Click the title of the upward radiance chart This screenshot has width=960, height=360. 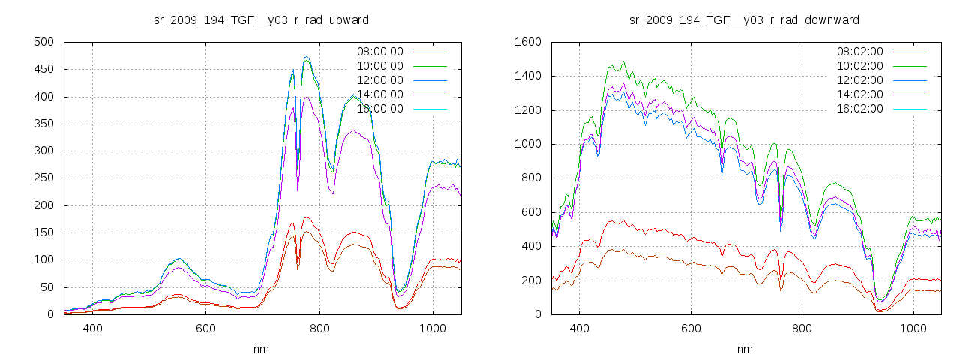[261, 19]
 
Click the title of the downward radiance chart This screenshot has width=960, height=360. [744, 19]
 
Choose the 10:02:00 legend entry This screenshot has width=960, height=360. [859, 66]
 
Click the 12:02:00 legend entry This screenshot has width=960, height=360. [859, 80]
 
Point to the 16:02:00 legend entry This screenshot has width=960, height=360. [859, 109]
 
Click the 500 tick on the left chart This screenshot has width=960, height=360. [42, 42]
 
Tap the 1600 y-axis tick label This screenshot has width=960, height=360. [527, 42]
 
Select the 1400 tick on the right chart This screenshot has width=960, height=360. [527, 76]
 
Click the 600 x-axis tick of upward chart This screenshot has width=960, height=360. [205, 328]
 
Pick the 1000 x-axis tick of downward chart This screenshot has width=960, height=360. [913, 328]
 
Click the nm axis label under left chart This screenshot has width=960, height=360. [261, 349]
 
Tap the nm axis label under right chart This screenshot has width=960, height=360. [744, 349]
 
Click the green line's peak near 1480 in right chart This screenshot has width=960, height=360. [622, 61]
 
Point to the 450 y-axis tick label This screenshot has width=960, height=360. [42, 69]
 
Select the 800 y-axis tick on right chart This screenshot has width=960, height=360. [530, 178]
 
